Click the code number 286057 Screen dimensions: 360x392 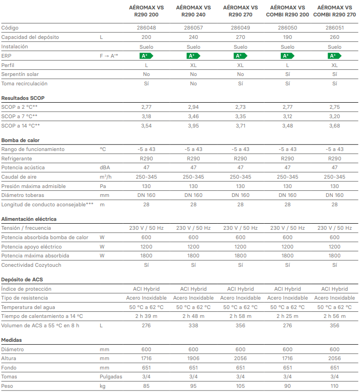193,28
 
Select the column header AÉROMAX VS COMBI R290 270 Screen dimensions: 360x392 335,11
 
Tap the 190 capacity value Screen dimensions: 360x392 287,37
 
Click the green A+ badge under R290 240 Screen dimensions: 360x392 193,56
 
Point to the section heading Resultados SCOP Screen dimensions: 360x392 23,98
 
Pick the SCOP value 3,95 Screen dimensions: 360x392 193,126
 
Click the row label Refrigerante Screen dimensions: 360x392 16,158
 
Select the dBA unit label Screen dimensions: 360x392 105,167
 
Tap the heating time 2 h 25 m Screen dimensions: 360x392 287,316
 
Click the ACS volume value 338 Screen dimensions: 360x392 193,325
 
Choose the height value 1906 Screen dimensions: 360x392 193,358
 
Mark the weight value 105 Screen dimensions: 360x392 240,386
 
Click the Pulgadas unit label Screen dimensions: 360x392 111,377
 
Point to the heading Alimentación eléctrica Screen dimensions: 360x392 29,219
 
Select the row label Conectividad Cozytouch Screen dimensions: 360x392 31,265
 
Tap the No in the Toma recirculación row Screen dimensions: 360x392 193,83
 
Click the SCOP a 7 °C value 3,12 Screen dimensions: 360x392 287,116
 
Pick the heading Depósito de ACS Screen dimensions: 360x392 22,279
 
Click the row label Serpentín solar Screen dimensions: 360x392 20,74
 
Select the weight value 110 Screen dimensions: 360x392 335,386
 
